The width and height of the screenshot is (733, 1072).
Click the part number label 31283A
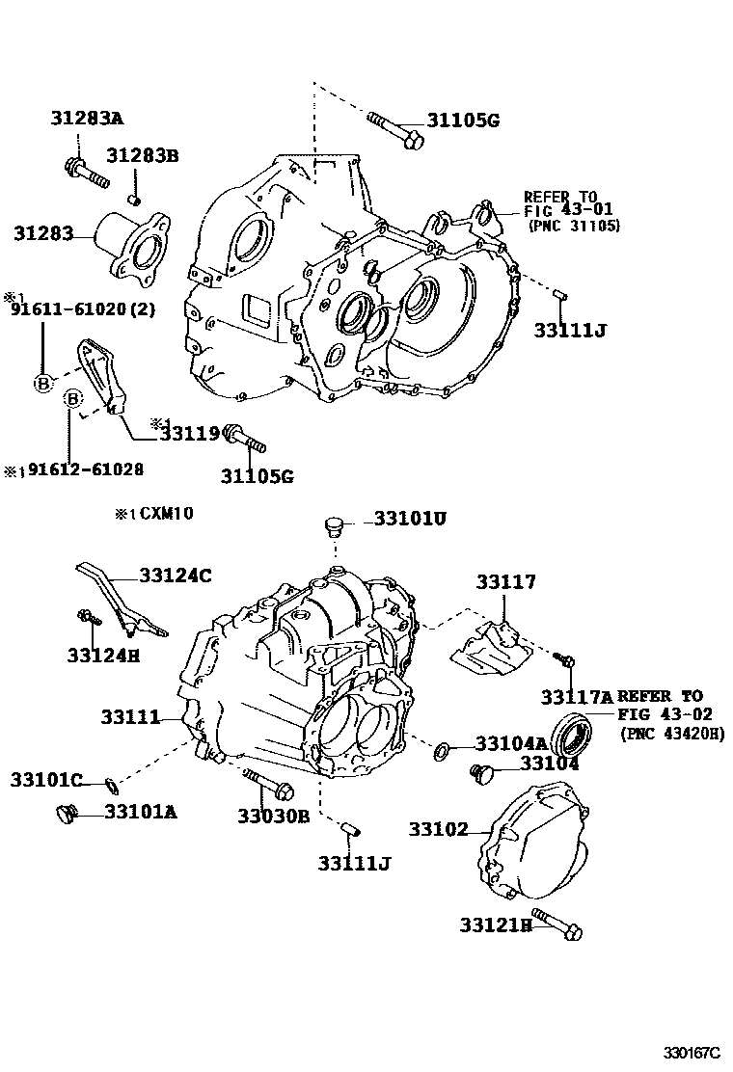click(88, 119)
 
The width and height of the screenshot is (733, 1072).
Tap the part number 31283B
click(143, 155)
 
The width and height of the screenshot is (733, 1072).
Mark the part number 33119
click(189, 435)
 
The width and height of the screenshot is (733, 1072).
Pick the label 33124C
click(175, 576)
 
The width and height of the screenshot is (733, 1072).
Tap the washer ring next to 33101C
click(111, 780)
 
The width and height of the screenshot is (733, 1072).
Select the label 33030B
click(273, 816)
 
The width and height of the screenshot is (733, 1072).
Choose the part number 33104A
click(511, 743)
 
